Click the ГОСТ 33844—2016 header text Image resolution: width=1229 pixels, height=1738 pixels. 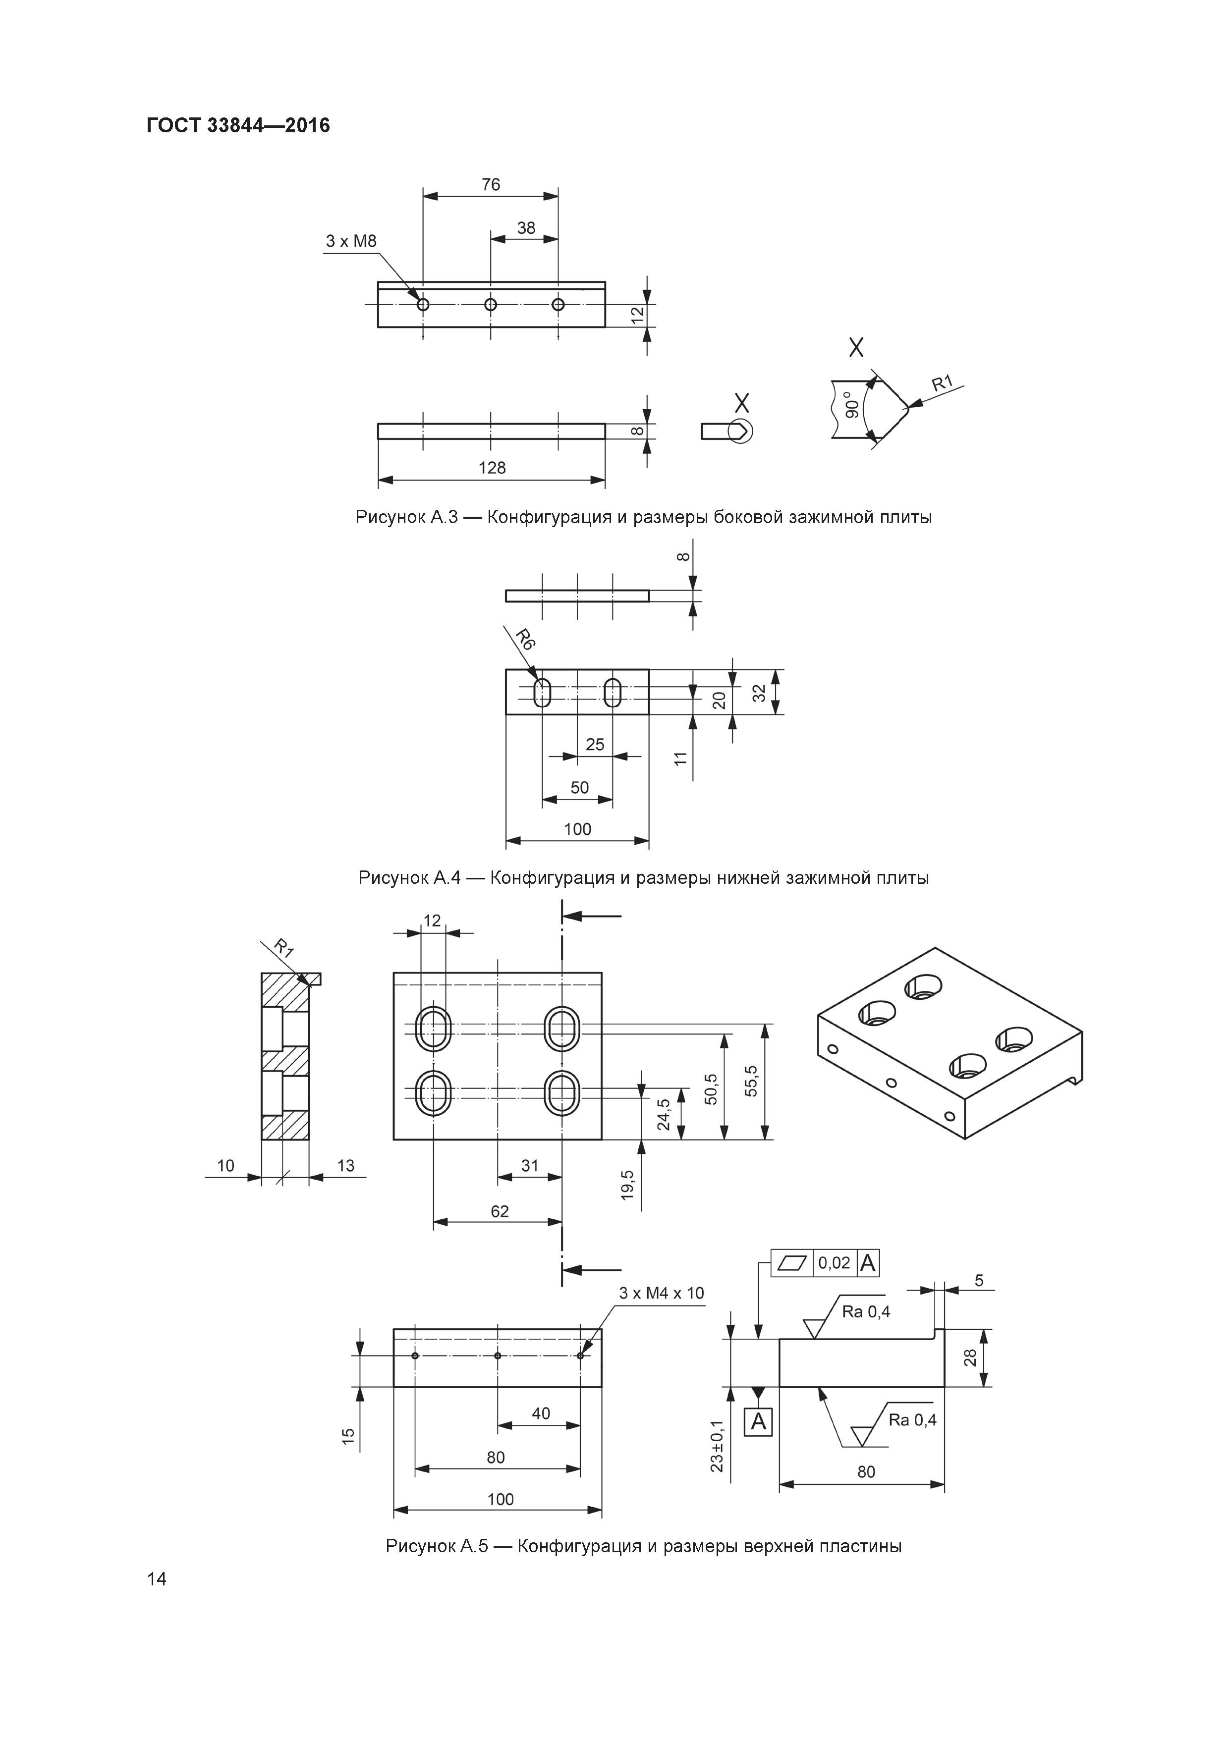pyautogui.click(x=238, y=125)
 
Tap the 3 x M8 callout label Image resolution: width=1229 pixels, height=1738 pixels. pyautogui.click(x=350, y=241)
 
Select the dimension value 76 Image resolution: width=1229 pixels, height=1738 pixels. pyautogui.click(x=491, y=185)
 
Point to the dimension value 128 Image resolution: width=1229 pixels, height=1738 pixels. pyautogui.click(x=492, y=468)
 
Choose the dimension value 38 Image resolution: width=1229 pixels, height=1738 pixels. pyautogui.click(x=525, y=228)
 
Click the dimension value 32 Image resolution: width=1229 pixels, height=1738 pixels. pyautogui.click(x=760, y=692)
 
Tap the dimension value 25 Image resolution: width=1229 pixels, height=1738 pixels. pyautogui.click(x=595, y=745)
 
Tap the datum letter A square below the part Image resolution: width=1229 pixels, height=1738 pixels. pyautogui.click(x=758, y=1422)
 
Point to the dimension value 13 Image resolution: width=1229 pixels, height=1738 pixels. pyautogui.click(x=345, y=1166)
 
